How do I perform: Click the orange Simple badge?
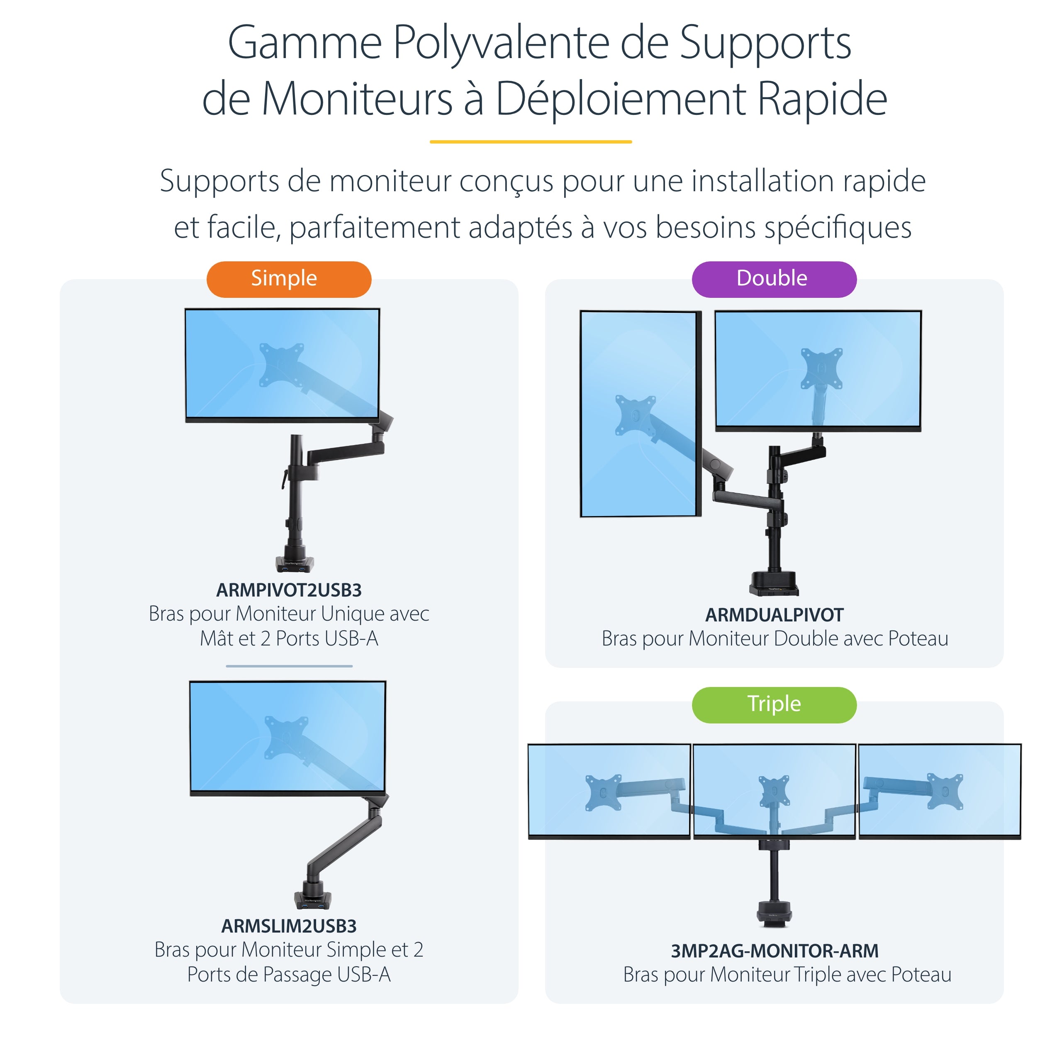click(289, 279)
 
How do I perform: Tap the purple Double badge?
click(773, 279)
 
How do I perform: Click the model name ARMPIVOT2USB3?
click(289, 590)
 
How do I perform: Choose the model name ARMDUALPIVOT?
click(773, 614)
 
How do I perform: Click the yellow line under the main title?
click(531, 142)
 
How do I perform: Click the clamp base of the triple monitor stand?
click(774, 913)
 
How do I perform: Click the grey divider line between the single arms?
click(289, 666)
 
